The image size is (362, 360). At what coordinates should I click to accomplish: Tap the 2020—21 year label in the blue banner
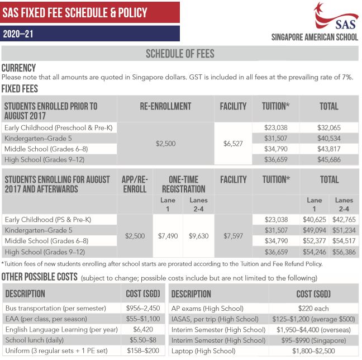[x=18, y=34]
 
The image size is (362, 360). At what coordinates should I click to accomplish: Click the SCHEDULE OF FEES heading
[x=179, y=54]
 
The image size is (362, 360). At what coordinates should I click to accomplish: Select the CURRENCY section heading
[x=18, y=68]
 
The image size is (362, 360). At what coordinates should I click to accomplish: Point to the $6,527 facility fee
[x=233, y=144]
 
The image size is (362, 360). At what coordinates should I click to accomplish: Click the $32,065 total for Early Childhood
[x=328, y=128]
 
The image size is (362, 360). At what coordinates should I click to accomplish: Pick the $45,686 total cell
[x=328, y=160]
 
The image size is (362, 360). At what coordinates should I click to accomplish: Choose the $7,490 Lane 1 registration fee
[x=168, y=236]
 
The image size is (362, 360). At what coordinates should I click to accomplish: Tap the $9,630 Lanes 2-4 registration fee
[x=199, y=236]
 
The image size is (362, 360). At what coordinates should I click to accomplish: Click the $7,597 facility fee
[x=233, y=236]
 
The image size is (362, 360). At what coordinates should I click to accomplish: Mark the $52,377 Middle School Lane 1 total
[x=314, y=241]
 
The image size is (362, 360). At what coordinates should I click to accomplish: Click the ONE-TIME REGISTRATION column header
[x=183, y=184]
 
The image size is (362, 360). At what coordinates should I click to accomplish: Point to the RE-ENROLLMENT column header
[x=166, y=106]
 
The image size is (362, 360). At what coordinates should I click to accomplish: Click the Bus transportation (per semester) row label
[x=55, y=308]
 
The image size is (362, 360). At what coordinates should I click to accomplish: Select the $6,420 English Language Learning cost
[x=141, y=329]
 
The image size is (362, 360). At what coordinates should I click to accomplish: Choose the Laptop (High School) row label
[x=204, y=350]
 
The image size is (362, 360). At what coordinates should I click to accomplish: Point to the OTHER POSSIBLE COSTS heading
[x=40, y=277]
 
